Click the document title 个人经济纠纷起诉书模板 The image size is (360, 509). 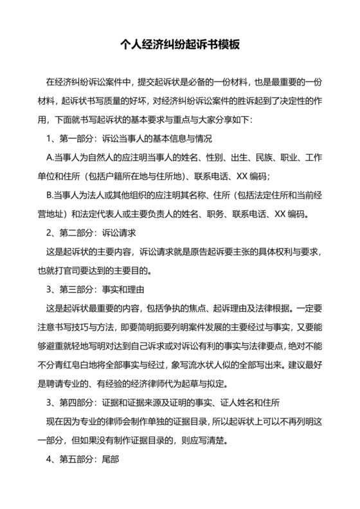click(x=180, y=45)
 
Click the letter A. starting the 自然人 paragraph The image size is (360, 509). click(x=50, y=157)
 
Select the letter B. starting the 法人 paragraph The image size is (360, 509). click(x=50, y=195)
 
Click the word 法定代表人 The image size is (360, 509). click(x=105, y=213)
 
